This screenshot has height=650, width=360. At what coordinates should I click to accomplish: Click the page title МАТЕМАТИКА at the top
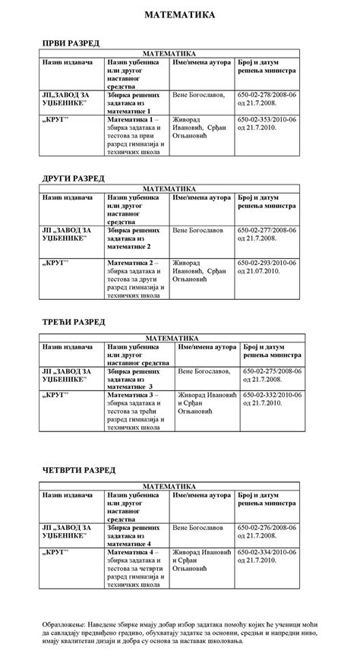[179, 14]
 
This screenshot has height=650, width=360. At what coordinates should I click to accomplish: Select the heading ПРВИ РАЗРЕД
[70, 43]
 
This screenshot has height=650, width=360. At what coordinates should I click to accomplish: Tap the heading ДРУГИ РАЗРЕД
[73, 178]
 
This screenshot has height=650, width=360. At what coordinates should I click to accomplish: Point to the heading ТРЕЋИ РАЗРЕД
[73, 322]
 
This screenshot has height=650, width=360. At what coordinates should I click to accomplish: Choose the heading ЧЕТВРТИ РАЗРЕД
[78, 470]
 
